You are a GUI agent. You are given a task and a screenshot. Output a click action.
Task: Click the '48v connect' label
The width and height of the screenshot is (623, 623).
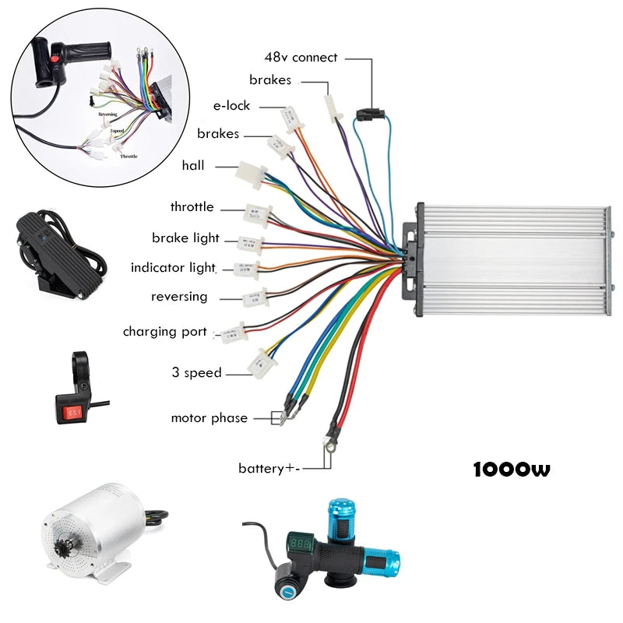301,57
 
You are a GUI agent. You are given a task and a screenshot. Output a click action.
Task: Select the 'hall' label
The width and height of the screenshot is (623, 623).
193,165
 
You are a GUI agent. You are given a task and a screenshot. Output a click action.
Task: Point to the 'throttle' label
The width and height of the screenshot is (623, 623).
192,207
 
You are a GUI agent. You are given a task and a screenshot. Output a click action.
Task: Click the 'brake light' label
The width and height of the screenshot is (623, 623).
185,238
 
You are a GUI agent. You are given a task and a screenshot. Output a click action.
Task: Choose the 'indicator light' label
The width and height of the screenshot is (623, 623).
173,268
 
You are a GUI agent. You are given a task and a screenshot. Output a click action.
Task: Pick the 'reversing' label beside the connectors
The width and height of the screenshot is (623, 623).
179,297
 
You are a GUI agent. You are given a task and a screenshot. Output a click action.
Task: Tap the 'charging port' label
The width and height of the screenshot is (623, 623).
165,332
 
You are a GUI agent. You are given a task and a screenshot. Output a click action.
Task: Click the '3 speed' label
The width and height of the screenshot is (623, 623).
196,373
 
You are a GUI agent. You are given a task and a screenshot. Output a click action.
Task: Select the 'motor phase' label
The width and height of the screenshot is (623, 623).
209,418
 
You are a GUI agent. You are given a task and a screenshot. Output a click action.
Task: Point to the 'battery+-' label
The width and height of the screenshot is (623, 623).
269,468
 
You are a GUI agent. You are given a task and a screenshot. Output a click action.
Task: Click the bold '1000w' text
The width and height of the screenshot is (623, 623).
511,470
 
